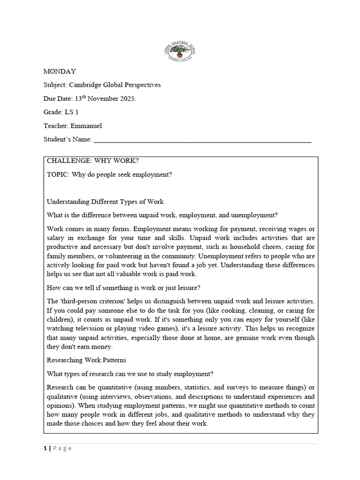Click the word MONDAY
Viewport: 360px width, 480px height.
coord(60,71)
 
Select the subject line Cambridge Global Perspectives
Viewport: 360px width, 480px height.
coord(115,85)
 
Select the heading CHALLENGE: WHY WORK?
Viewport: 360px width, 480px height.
coord(93,161)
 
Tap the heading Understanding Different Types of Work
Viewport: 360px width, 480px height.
coord(105,202)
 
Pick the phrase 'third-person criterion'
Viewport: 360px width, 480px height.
coord(92,301)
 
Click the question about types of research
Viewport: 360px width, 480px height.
coord(130,374)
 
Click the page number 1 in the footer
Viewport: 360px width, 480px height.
coord(45,448)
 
